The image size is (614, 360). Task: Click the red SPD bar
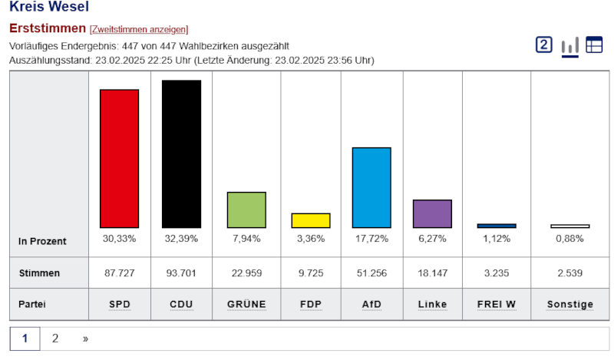(x=119, y=158)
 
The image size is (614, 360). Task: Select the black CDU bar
(x=181, y=154)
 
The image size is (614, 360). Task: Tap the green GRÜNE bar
(x=246, y=210)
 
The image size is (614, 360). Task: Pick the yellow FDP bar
(x=311, y=220)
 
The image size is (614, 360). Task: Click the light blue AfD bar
(x=371, y=187)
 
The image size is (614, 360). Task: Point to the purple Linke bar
(x=432, y=213)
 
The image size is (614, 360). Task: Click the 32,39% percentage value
(x=181, y=239)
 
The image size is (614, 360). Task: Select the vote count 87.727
(x=119, y=273)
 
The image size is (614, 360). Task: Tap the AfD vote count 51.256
(x=371, y=273)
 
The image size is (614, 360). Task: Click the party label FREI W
(x=497, y=305)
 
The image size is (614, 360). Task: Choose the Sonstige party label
(x=570, y=305)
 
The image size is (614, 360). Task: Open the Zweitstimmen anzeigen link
(x=139, y=29)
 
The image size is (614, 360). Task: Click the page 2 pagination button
(x=55, y=338)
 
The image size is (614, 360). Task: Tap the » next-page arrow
(x=85, y=338)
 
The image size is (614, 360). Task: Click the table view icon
(x=594, y=45)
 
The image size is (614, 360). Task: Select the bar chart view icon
(x=569, y=46)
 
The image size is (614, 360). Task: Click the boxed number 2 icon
(x=544, y=45)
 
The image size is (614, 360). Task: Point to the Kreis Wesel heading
(x=49, y=8)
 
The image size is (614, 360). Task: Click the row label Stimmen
(x=39, y=273)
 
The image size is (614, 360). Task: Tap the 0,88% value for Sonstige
(x=570, y=239)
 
